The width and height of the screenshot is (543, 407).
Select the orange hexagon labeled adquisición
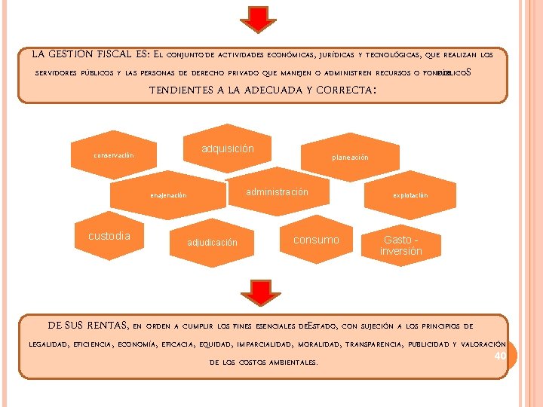coord(227,149)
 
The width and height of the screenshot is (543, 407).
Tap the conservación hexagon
coord(113,156)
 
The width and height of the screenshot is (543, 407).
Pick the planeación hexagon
coord(350,158)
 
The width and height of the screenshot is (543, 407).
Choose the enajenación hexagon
coord(167,196)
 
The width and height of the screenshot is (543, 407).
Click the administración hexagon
coord(277,193)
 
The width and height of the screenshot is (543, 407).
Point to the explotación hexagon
coord(410,196)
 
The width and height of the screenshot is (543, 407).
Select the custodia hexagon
coord(109,237)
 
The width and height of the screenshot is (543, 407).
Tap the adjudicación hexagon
coord(212,243)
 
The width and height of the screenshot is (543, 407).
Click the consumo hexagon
coord(316,240)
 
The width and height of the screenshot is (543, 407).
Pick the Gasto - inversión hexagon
coord(400,246)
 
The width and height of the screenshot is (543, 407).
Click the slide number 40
coord(499,356)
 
